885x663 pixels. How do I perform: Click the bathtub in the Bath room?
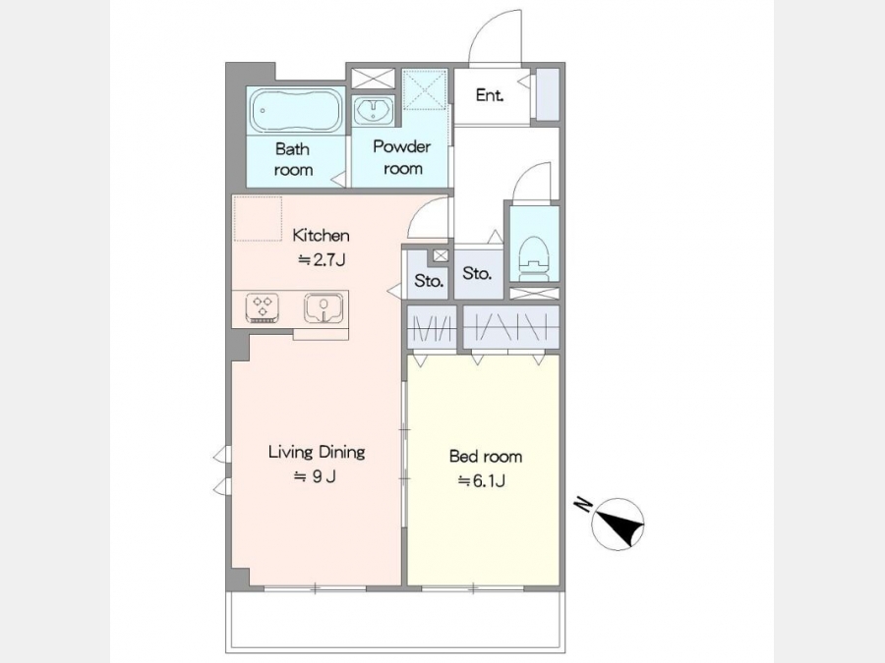[x=296, y=110]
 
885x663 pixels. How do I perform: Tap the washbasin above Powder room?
[x=373, y=109]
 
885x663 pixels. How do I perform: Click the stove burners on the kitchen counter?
[x=263, y=307]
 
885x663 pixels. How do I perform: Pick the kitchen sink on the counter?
[x=324, y=307]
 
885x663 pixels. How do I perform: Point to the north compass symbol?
[x=619, y=525]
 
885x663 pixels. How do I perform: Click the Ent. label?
[x=490, y=95]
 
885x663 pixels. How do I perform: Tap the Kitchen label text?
[x=321, y=235]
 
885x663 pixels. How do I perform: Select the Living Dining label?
[x=317, y=452]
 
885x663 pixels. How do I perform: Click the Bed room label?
[x=486, y=456]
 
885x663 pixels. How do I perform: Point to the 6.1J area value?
[x=482, y=481]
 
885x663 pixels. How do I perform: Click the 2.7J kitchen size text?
[x=322, y=260]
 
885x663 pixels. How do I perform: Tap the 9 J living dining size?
[x=315, y=477]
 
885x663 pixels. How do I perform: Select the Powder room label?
[x=402, y=157]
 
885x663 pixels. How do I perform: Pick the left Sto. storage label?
[x=429, y=280]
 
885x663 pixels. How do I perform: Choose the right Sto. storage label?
[x=477, y=273]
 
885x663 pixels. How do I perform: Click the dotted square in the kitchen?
[x=258, y=219]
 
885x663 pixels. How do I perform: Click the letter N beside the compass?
[x=582, y=504]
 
